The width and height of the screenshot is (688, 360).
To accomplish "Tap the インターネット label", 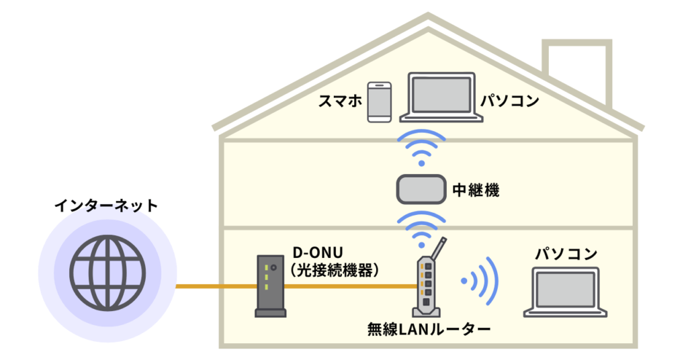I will point(106,206).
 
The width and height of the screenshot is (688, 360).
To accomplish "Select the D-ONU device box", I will point(269,285).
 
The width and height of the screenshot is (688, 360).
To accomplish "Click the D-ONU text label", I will point(318,253).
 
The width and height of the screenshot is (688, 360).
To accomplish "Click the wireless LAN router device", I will point(427,287).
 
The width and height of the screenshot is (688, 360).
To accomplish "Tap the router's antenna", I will point(436,249).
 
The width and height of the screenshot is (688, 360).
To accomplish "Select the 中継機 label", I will point(476,190).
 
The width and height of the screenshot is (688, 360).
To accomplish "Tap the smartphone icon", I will point(380,102).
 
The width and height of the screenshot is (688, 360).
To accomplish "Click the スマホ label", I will point(340,101).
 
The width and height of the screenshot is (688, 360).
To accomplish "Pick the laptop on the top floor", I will point(441,98).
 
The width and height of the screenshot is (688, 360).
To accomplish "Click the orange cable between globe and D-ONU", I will point(215,287).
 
